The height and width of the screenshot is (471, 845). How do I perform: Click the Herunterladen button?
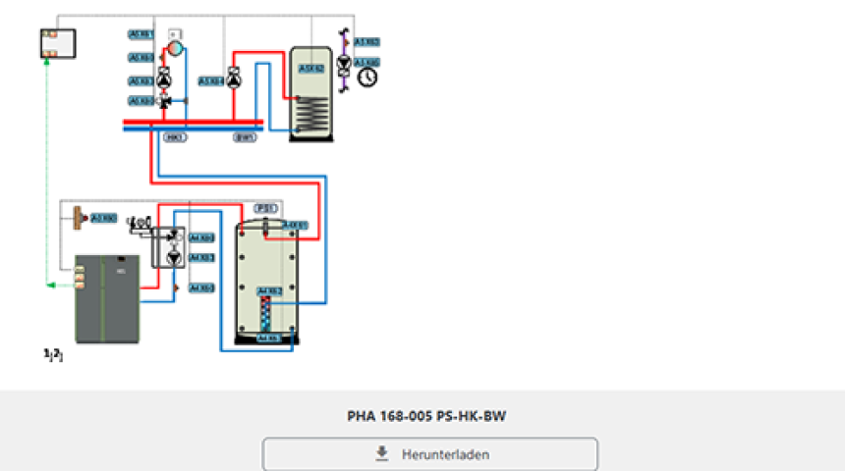tap(429, 454)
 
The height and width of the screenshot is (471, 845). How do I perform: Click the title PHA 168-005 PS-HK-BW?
tap(426, 416)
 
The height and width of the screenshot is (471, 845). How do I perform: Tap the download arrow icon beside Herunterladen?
tap(382, 454)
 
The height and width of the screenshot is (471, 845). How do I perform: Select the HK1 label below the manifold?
tap(176, 137)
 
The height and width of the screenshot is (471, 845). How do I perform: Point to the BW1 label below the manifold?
tap(245, 137)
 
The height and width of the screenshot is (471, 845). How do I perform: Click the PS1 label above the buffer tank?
tap(264, 208)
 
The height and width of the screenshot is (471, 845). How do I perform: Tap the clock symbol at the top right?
tap(367, 76)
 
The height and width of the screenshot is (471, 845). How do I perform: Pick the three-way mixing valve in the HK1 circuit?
tap(164, 101)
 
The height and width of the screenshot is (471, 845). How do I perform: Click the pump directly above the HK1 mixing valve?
tap(164, 80)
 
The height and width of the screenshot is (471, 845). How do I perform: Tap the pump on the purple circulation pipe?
tap(344, 65)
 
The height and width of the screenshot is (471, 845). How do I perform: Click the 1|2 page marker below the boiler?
tap(53, 353)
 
